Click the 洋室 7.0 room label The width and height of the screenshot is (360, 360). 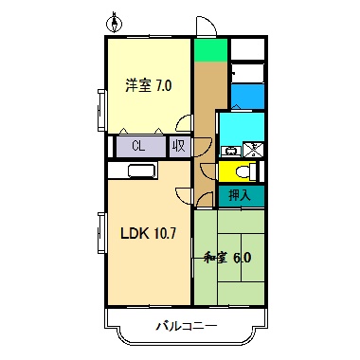pos(148,86)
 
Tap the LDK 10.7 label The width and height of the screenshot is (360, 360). pos(146,231)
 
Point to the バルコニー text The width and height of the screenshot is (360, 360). pos(187,327)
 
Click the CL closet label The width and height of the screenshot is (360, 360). pos(138,147)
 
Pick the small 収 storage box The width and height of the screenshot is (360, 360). pos(178,147)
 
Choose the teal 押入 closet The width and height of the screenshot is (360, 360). pos(241,195)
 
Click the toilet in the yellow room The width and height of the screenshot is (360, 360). pos(241,172)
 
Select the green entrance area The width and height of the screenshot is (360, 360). pos(211,50)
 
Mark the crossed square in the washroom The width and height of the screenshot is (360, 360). pos(254,148)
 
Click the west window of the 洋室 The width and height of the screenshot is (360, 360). pos(100,112)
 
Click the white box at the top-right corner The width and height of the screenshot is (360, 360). pos(248,48)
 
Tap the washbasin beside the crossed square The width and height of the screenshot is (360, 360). pos(229,150)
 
